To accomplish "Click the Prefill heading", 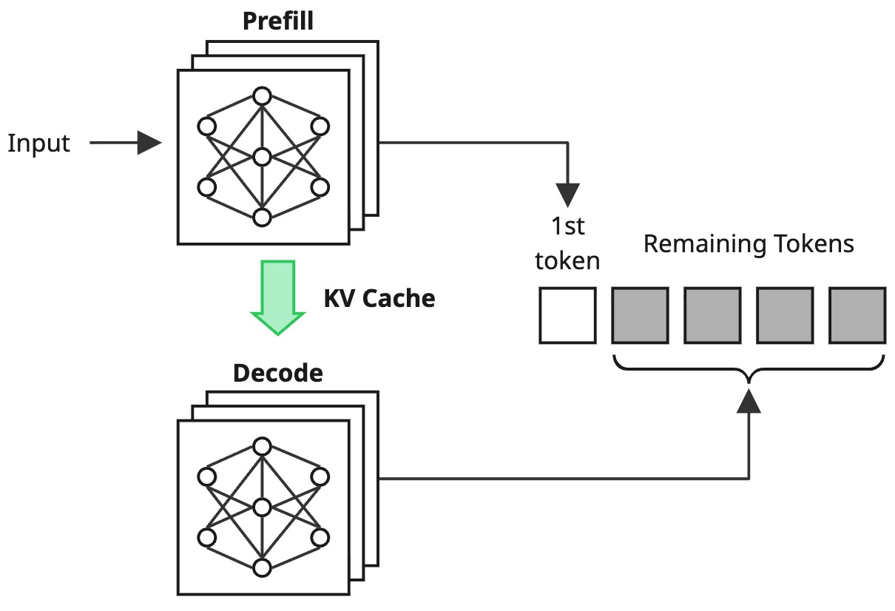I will pyautogui.click(x=278, y=21).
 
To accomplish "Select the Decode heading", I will pyautogui.click(x=278, y=373).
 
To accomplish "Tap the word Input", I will pyautogui.click(x=38, y=143).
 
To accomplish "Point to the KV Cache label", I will pyautogui.click(x=379, y=298).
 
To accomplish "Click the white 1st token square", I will pyautogui.click(x=567, y=316).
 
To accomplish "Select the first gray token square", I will pyautogui.click(x=640, y=316).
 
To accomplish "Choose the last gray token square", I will pyautogui.click(x=857, y=316).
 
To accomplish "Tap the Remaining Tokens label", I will pyautogui.click(x=749, y=244).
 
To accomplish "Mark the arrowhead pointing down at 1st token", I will pyautogui.click(x=567, y=195).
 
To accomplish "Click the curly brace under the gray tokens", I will pyautogui.click(x=749, y=368).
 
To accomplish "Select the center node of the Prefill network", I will pyautogui.click(x=261, y=157).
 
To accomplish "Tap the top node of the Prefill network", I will pyautogui.click(x=261, y=96).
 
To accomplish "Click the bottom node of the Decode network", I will pyautogui.click(x=261, y=568).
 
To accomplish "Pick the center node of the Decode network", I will pyautogui.click(x=261, y=507).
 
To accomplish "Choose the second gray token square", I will pyautogui.click(x=712, y=316).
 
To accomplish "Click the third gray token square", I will pyautogui.click(x=785, y=316).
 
